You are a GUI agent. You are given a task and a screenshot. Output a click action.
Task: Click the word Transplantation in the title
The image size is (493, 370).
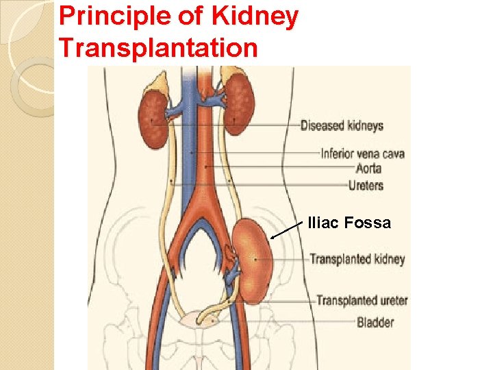pos(158,48)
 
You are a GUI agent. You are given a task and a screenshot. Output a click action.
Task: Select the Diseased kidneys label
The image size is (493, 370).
pos(342,126)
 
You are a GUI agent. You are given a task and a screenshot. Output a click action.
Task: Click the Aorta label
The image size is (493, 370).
pos(370,169)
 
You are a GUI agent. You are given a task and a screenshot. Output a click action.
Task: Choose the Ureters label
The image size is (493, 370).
pos(366,185)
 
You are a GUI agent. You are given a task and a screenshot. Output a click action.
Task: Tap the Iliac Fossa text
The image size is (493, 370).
pos(349,223)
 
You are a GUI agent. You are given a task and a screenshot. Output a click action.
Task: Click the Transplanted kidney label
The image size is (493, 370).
pos(357,259)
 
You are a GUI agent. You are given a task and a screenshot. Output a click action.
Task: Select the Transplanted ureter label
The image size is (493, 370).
pos(362,301)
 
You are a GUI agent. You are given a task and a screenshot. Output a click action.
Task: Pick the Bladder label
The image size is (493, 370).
pos(375,321)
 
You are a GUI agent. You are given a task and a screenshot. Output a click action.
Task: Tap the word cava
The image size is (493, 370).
pos(393,153)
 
